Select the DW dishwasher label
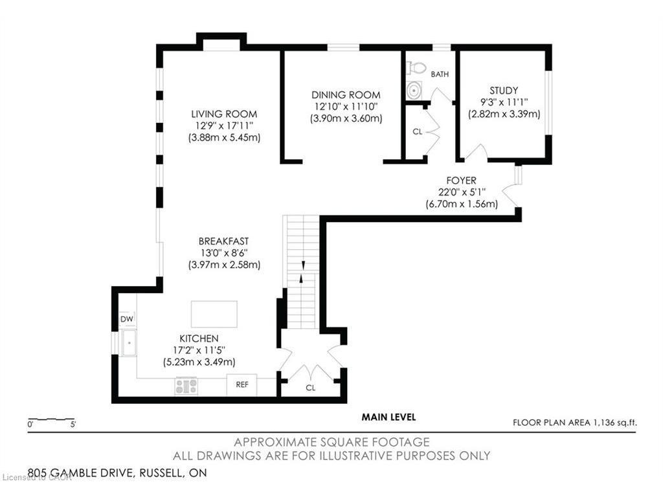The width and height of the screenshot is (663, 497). tap(126, 319)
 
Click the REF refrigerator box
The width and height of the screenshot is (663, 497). tap(242, 384)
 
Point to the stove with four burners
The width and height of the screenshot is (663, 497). tap(186, 386)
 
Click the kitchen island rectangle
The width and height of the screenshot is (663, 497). tap(214, 314)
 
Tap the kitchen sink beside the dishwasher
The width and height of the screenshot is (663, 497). tap(129, 342)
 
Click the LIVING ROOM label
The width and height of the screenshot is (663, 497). tap(224, 114)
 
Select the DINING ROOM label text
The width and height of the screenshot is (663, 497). tap(346, 95)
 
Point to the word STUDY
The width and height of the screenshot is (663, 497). tap(504, 91)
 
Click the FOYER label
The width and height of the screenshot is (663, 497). tap(461, 181)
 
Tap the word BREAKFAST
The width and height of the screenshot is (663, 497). tap(223, 241)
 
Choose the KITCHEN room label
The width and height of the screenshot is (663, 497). tap(199, 338)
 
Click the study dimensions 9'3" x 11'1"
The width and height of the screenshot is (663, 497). tap(504, 102)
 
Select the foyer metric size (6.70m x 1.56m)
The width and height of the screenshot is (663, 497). tap(462, 204)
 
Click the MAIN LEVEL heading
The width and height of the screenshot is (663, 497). tap(388, 417)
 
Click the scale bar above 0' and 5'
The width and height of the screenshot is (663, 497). tap(51, 419)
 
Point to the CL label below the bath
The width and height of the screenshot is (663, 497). tap(418, 132)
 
